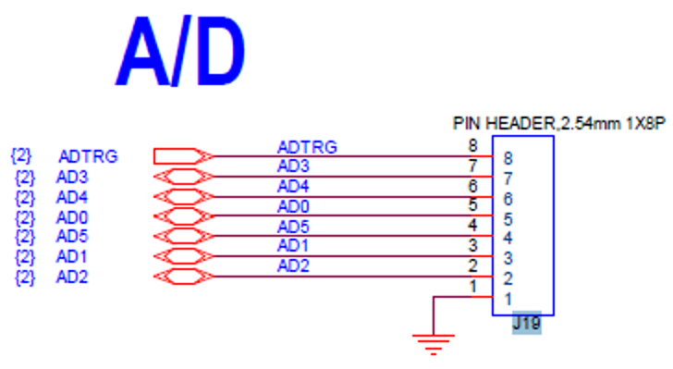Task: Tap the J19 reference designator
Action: pyautogui.click(x=526, y=325)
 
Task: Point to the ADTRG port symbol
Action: pyautogui.click(x=182, y=155)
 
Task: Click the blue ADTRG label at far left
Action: pyautogui.click(x=88, y=156)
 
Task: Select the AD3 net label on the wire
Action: pyautogui.click(x=293, y=166)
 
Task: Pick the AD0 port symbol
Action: pyautogui.click(x=182, y=216)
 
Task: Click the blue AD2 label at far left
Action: pyautogui.click(x=72, y=277)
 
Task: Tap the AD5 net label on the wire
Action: pyautogui.click(x=293, y=227)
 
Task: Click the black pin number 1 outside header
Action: pyautogui.click(x=473, y=287)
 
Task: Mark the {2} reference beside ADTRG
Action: pyautogui.click(x=20, y=155)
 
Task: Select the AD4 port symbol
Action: pyautogui.click(x=182, y=196)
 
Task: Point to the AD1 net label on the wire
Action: pyautogui.click(x=293, y=247)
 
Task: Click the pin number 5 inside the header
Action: pyautogui.click(x=508, y=219)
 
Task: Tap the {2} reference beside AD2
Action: pyautogui.click(x=25, y=277)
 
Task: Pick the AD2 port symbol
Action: pyautogui.click(x=182, y=277)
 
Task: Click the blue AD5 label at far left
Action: pyautogui.click(x=72, y=236)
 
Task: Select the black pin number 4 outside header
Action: pyautogui.click(x=472, y=226)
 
